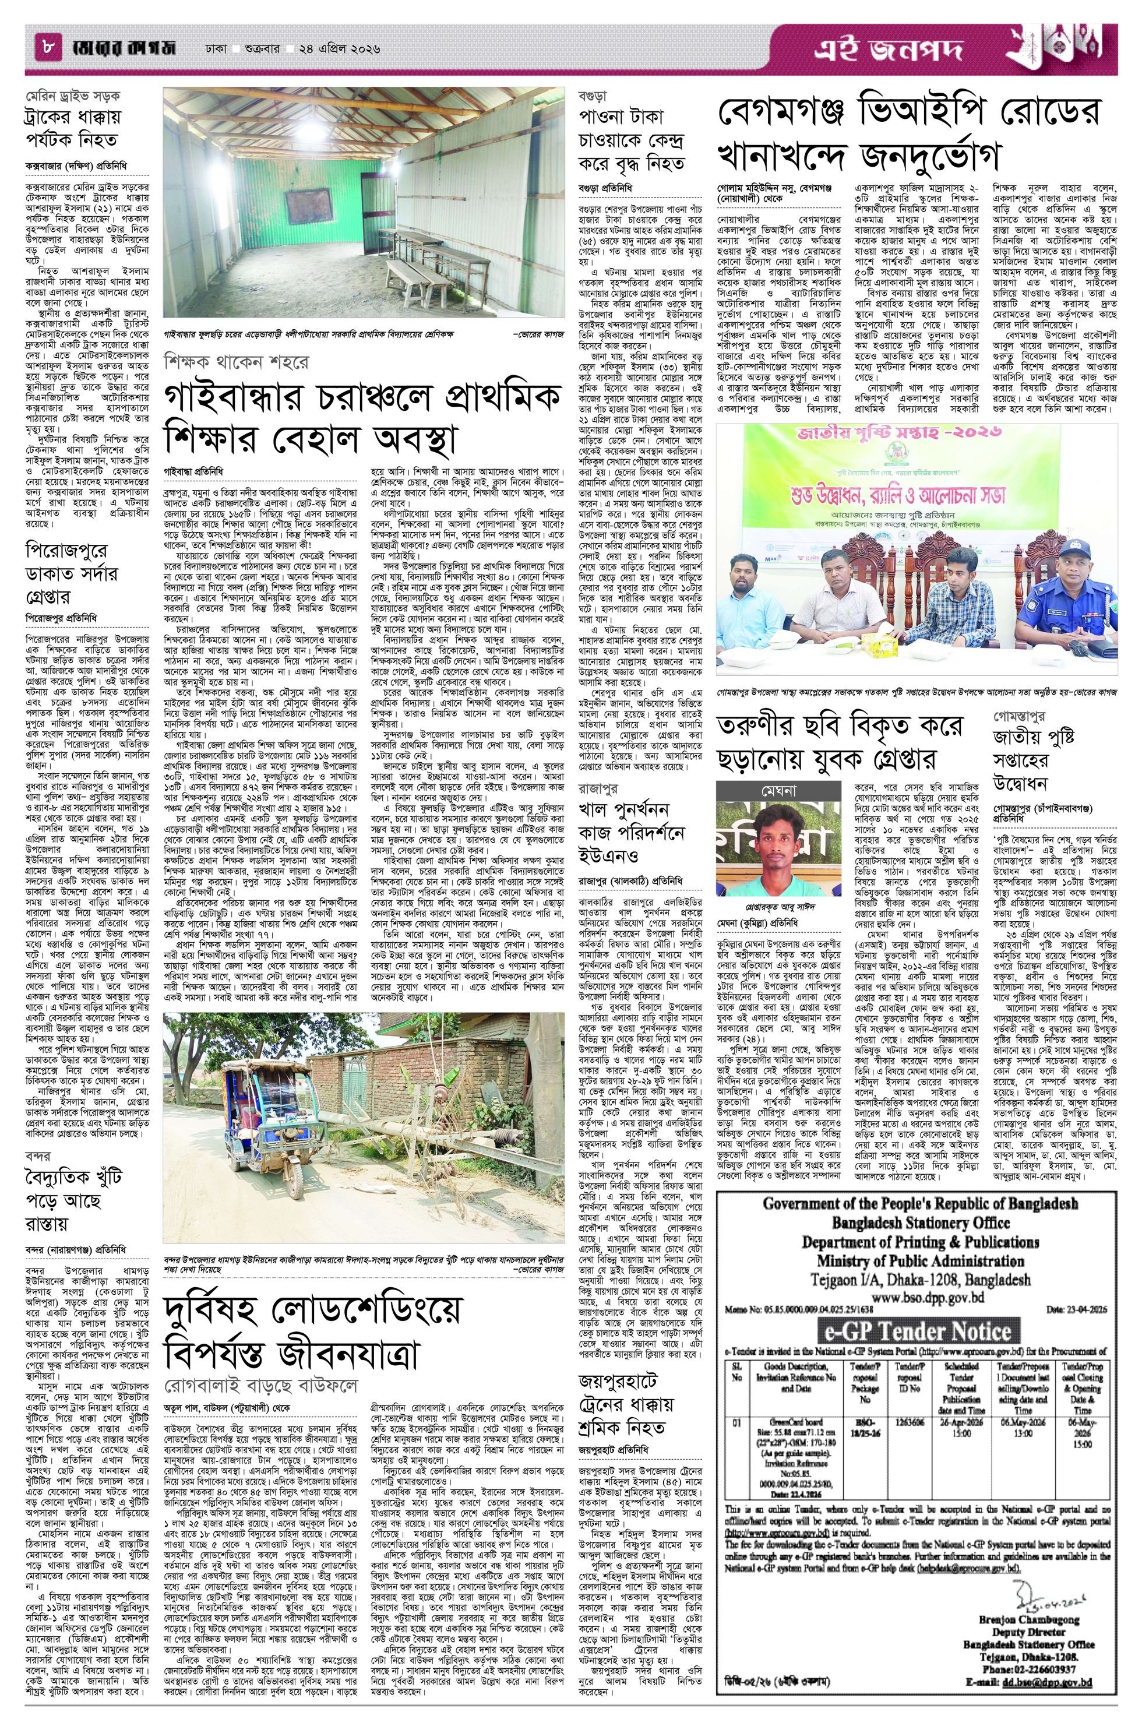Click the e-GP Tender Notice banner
(921, 1291)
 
